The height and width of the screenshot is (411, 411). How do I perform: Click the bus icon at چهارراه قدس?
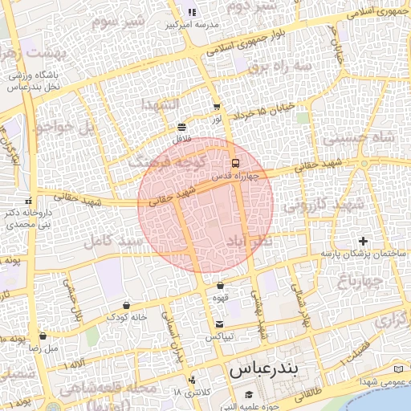[x=234, y=164]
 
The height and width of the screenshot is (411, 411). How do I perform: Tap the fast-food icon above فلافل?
[x=181, y=127]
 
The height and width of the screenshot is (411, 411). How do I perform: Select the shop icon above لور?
[x=217, y=106]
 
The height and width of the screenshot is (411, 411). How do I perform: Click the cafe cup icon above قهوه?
[x=220, y=285]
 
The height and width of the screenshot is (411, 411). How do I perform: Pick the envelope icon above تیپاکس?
[x=219, y=324]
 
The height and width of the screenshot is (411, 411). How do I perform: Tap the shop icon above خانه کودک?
[x=128, y=305]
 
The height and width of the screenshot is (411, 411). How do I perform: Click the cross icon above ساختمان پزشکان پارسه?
[x=363, y=241]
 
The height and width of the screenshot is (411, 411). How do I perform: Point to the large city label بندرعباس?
[x=263, y=371]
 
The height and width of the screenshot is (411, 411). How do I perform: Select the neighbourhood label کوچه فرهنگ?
[x=158, y=162]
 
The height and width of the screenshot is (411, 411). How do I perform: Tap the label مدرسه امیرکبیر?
[x=192, y=25]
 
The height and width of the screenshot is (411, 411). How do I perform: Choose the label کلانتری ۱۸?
[x=189, y=392]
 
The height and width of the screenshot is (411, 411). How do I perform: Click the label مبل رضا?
[x=45, y=349]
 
